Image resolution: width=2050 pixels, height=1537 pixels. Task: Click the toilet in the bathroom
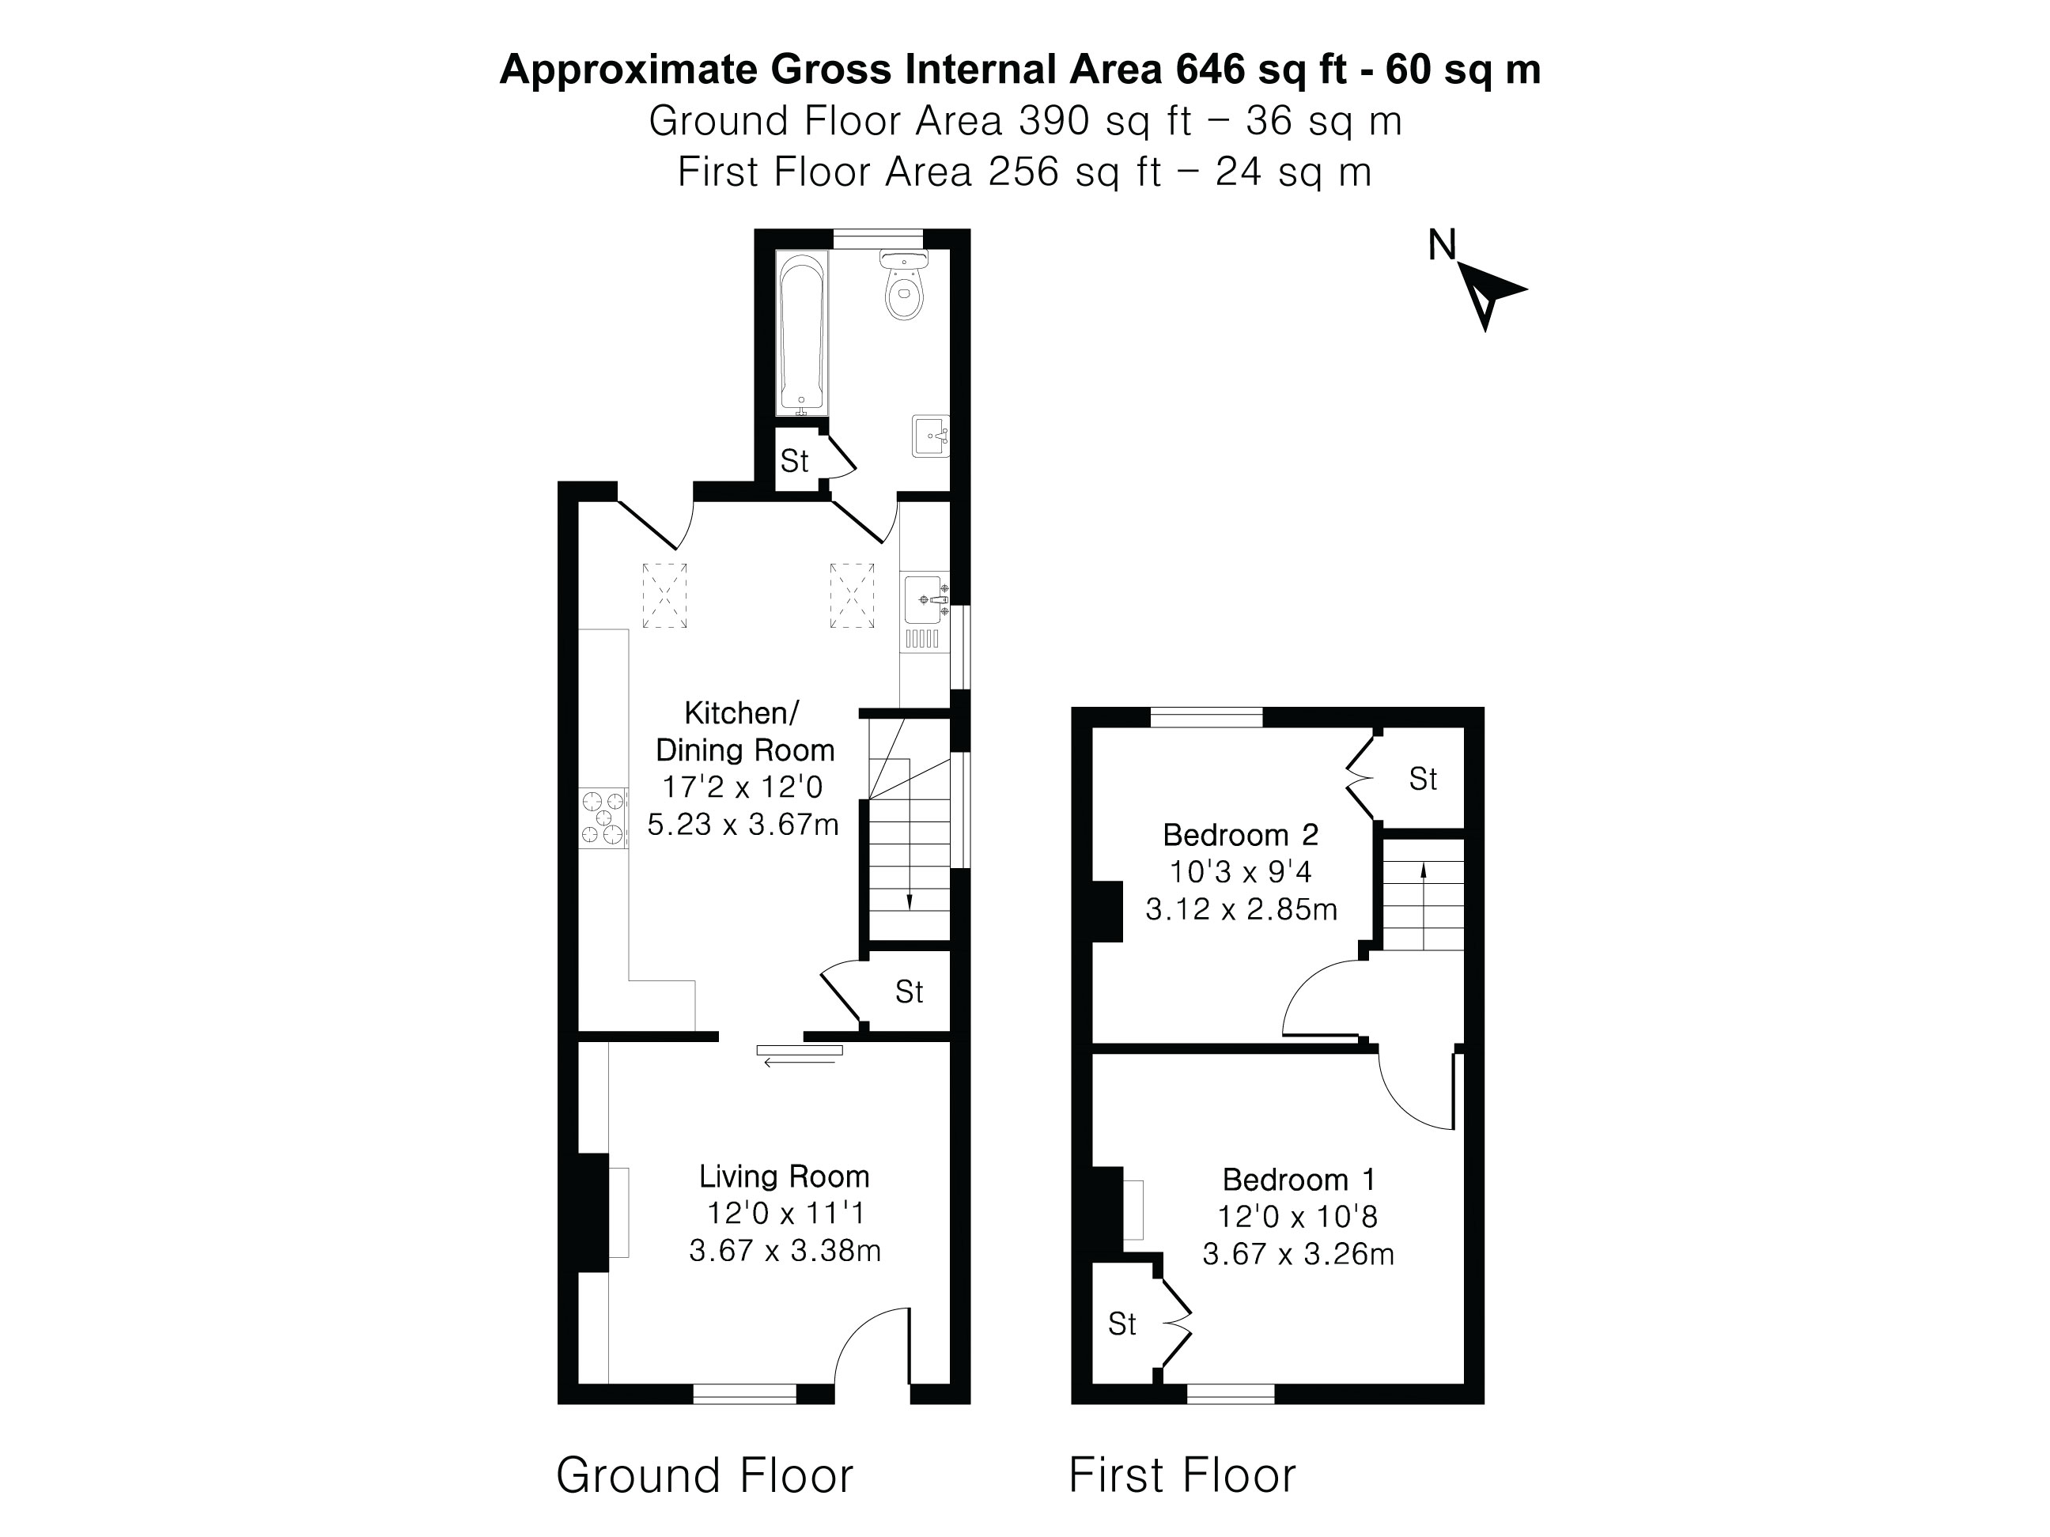click(903, 286)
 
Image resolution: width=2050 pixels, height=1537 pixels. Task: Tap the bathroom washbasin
click(929, 436)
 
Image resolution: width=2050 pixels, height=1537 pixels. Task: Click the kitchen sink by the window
click(924, 600)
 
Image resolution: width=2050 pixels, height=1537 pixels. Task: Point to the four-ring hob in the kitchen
click(603, 818)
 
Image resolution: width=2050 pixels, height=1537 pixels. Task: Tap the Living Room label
click(784, 1176)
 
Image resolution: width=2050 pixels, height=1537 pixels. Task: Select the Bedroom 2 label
click(1240, 835)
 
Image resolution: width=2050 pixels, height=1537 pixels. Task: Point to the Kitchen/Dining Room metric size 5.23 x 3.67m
click(743, 824)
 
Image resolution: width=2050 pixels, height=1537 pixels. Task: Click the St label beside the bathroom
click(794, 460)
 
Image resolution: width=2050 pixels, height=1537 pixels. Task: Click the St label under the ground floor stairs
click(910, 992)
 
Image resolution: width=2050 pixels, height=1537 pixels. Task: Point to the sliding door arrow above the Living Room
click(800, 1063)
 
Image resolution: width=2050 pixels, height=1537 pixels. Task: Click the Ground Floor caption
click(705, 1475)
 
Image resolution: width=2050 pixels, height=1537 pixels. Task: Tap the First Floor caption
click(1182, 1475)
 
